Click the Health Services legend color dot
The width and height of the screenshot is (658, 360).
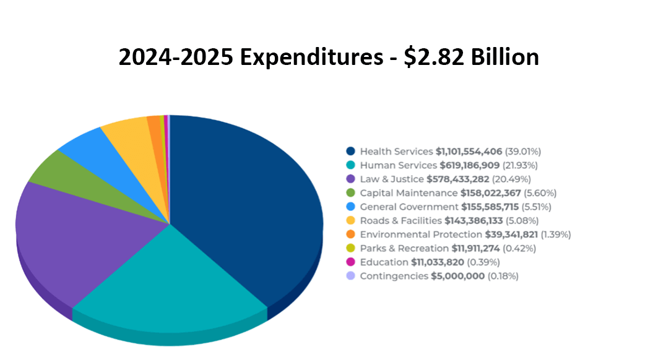(x=351, y=152)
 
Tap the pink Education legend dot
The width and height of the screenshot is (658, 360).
(x=351, y=262)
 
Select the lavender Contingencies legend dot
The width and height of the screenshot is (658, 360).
(x=351, y=276)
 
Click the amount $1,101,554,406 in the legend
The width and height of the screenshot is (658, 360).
(x=469, y=152)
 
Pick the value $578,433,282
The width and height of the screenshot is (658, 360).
(x=457, y=179)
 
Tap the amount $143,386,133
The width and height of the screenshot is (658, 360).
(x=477, y=221)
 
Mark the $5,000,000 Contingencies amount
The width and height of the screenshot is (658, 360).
(x=457, y=276)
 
